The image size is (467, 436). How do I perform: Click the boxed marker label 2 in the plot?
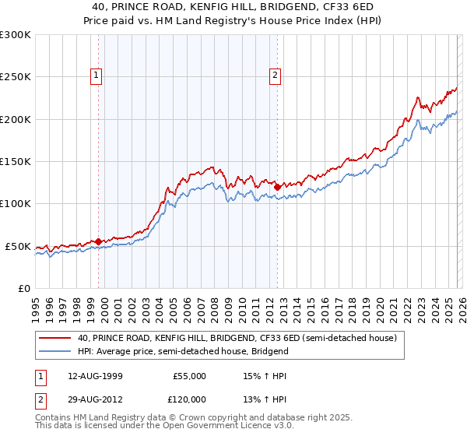click(276, 76)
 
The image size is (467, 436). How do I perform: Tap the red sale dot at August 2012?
click(277, 187)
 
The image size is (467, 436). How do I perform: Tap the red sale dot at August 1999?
click(98, 241)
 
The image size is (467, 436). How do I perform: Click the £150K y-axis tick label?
click(16, 161)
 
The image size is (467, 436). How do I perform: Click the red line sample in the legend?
click(54, 339)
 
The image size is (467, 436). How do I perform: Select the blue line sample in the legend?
click(54, 351)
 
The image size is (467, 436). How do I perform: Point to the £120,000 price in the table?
click(188, 399)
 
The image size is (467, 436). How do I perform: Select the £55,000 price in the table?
click(188, 376)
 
